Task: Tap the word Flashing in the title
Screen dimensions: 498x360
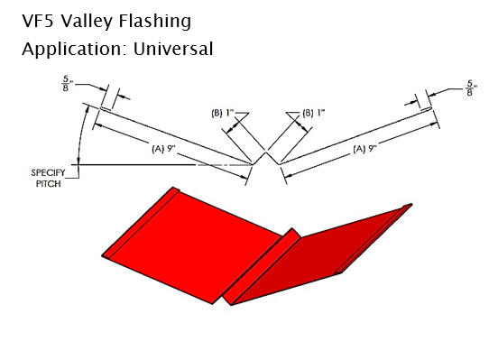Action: click(155, 22)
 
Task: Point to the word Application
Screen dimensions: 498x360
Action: click(71, 50)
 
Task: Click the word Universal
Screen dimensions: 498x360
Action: click(173, 49)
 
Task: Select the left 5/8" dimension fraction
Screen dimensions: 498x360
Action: click(67, 83)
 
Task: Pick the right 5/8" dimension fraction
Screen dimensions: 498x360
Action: click(471, 88)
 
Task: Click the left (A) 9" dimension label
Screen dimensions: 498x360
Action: click(163, 148)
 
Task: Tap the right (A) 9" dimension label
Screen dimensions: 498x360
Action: click(364, 149)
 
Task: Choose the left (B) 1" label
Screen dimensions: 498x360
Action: click(223, 113)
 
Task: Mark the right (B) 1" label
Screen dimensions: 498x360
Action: click(314, 113)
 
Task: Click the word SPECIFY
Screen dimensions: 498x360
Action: click(48, 173)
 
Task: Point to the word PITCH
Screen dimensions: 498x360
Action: click(49, 184)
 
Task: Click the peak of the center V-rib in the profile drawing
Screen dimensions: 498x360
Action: click(266, 152)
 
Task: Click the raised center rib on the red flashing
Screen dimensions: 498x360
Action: click(262, 266)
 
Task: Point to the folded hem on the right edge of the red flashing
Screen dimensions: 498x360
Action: click(373, 238)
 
